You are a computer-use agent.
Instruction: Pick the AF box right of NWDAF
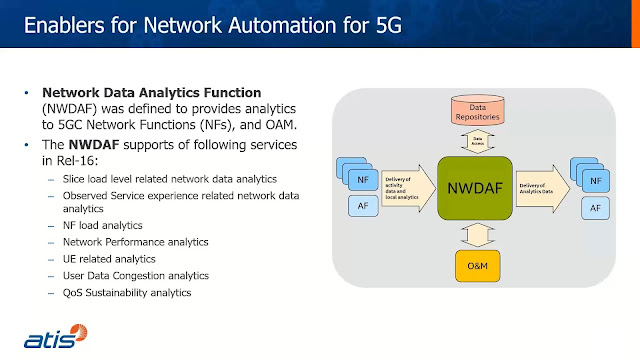point(595,208)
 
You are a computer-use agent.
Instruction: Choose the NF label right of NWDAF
point(596,181)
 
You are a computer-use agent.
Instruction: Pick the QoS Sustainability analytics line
point(126,292)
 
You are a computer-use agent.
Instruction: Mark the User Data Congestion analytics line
point(135,275)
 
